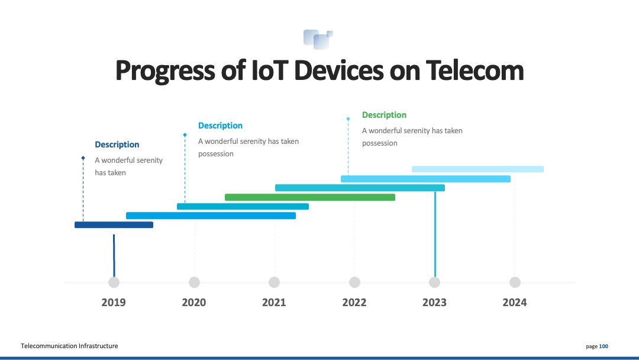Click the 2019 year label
(x=113, y=303)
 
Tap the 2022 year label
(x=354, y=303)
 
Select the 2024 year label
(x=514, y=303)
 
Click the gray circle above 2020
(x=195, y=282)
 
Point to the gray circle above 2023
(x=434, y=282)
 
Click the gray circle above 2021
(x=275, y=282)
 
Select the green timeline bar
(x=309, y=197)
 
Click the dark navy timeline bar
(x=114, y=224)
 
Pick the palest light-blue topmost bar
(x=477, y=169)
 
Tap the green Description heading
(x=384, y=115)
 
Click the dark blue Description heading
(x=117, y=144)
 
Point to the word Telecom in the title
(x=475, y=70)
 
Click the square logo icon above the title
(x=318, y=40)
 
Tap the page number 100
(x=603, y=346)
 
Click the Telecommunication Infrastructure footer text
(x=69, y=346)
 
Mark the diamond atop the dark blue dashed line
(x=83, y=158)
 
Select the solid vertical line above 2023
(x=435, y=234)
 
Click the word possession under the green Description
(x=379, y=143)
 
